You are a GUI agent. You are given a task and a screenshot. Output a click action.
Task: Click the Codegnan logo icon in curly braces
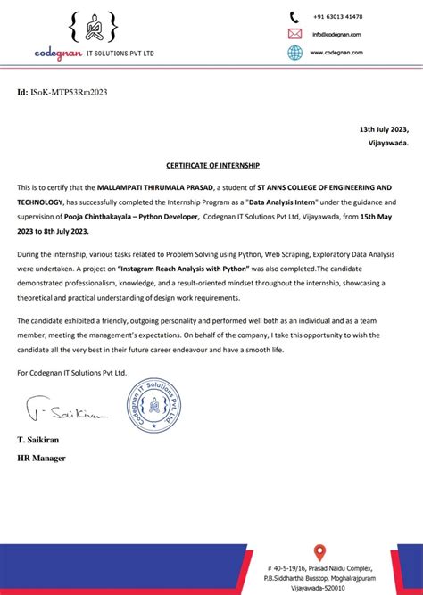(94, 29)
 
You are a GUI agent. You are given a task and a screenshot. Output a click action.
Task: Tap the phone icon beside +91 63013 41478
(294, 16)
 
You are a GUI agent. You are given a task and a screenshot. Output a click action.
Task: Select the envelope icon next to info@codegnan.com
(294, 34)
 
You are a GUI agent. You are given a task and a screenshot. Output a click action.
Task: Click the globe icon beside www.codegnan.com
(294, 53)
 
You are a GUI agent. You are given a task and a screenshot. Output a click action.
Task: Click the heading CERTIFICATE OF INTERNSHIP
(211, 165)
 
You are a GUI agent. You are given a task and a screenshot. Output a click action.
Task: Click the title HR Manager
(41, 459)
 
